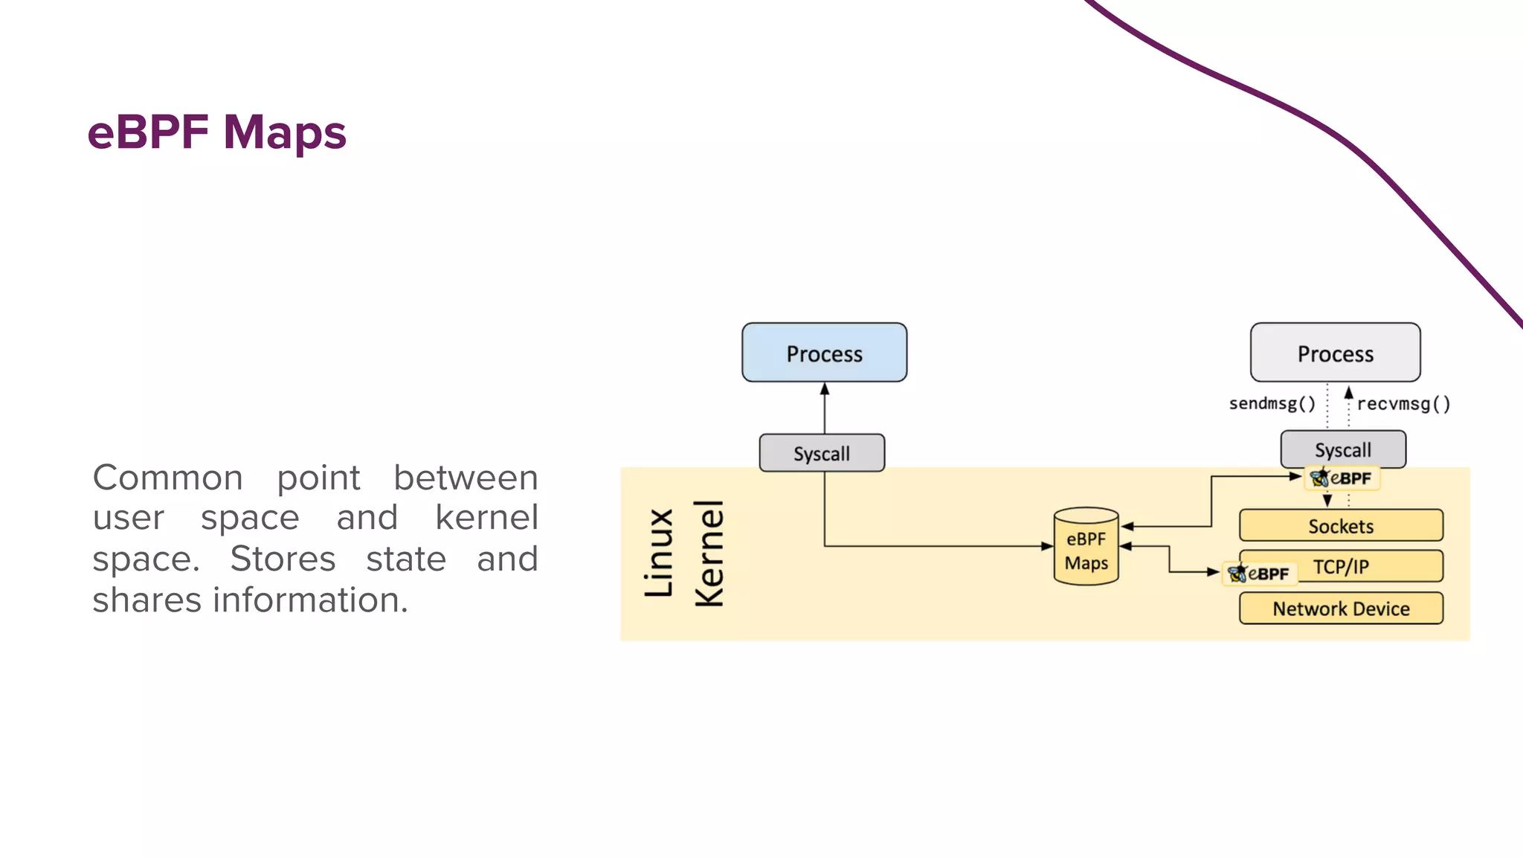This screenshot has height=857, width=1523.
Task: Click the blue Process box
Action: coord(824,353)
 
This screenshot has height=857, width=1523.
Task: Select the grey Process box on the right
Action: coord(1335,353)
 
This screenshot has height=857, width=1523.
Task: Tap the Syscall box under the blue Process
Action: coord(822,453)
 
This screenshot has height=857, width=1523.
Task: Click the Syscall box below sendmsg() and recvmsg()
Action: coord(1342,449)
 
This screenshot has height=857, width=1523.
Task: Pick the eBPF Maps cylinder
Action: coord(1086,547)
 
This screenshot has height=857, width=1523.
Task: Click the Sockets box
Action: coord(1341,526)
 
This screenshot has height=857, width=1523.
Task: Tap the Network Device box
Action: coord(1341,609)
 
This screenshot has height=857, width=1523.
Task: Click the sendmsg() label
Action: coord(1272,403)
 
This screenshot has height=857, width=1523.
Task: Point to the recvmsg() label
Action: coord(1403,404)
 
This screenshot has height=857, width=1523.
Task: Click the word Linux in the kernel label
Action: coord(660,553)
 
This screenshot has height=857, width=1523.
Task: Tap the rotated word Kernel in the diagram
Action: coord(709,553)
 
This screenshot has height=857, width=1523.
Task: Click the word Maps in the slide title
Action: coord(285,132)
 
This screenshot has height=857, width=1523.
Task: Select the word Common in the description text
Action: coord(167,478)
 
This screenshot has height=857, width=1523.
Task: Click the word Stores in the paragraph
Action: coord(283,559)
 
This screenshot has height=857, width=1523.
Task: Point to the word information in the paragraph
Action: coord(310,600)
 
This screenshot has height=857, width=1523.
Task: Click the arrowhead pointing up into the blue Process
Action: coord(824,389)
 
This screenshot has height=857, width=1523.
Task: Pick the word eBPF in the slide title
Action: coord(148,132)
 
